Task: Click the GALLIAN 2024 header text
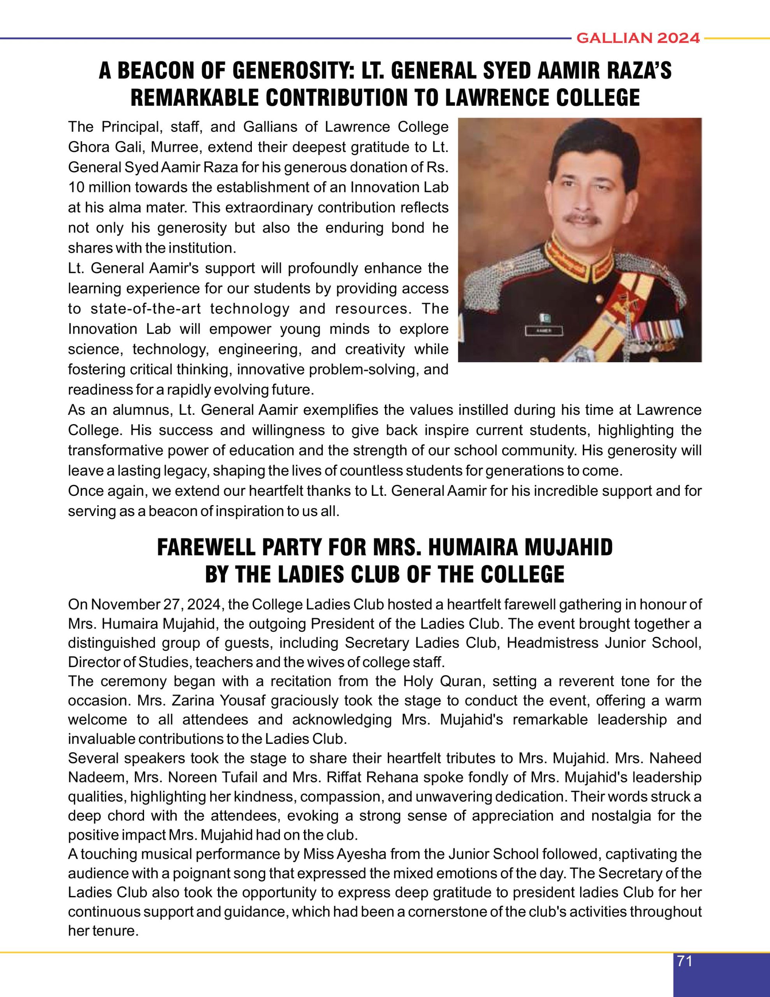coord(638,38)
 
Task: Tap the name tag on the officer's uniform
coord(543,332)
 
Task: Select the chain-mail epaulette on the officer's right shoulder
coord(489,283)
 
